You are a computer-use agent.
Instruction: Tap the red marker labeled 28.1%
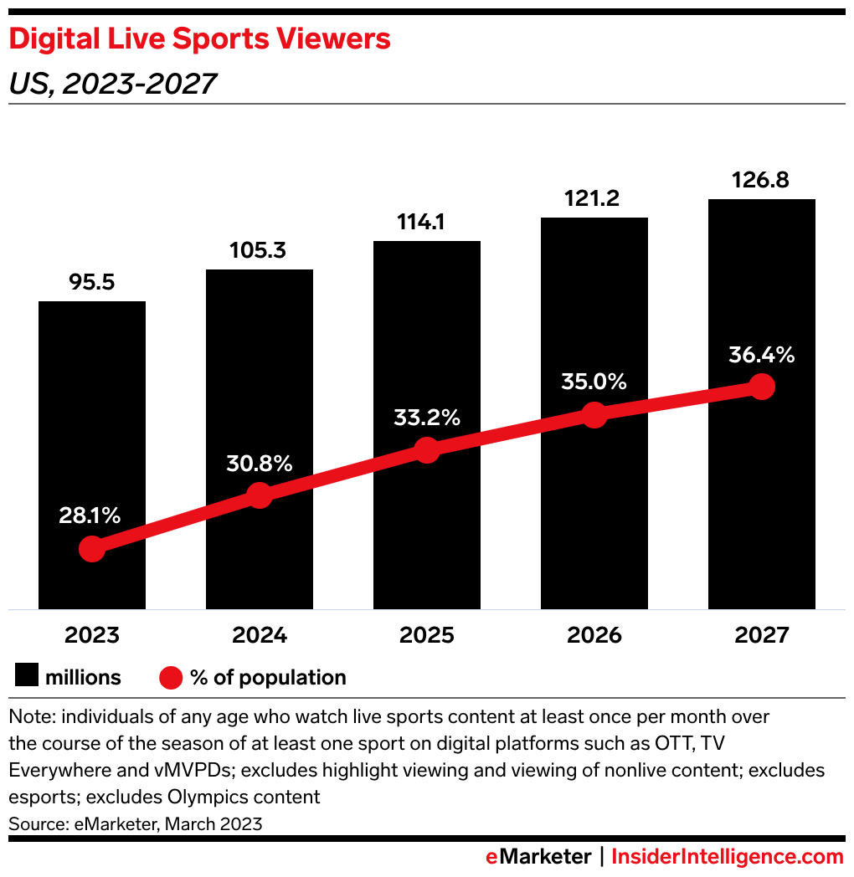coord(92,549)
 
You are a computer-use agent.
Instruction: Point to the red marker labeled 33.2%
coord(427,449)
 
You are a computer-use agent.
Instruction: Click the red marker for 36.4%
coord(761,386)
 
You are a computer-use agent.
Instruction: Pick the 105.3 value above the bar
coord(260,251)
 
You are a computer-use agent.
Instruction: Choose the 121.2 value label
coord(594,199)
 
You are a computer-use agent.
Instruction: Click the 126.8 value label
coord(761,181)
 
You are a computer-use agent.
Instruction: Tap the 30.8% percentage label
coord(260,464)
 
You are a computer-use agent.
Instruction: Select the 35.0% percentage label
coord(594,382)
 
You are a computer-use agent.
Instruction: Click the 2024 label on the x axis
coord(260,635)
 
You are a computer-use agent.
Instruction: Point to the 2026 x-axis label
coord(594,635)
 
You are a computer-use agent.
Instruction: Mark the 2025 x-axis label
coord(427,635)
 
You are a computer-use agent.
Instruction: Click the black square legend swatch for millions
coord(28,677)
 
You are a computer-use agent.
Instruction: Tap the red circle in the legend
coord(171,677)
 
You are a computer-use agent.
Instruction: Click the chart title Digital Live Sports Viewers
coord(199,39)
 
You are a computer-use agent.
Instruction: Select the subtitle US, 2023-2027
coord(112,84)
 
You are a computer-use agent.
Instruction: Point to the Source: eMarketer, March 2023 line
coord(136,823)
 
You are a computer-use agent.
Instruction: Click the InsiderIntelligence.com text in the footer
coord(728,857)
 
